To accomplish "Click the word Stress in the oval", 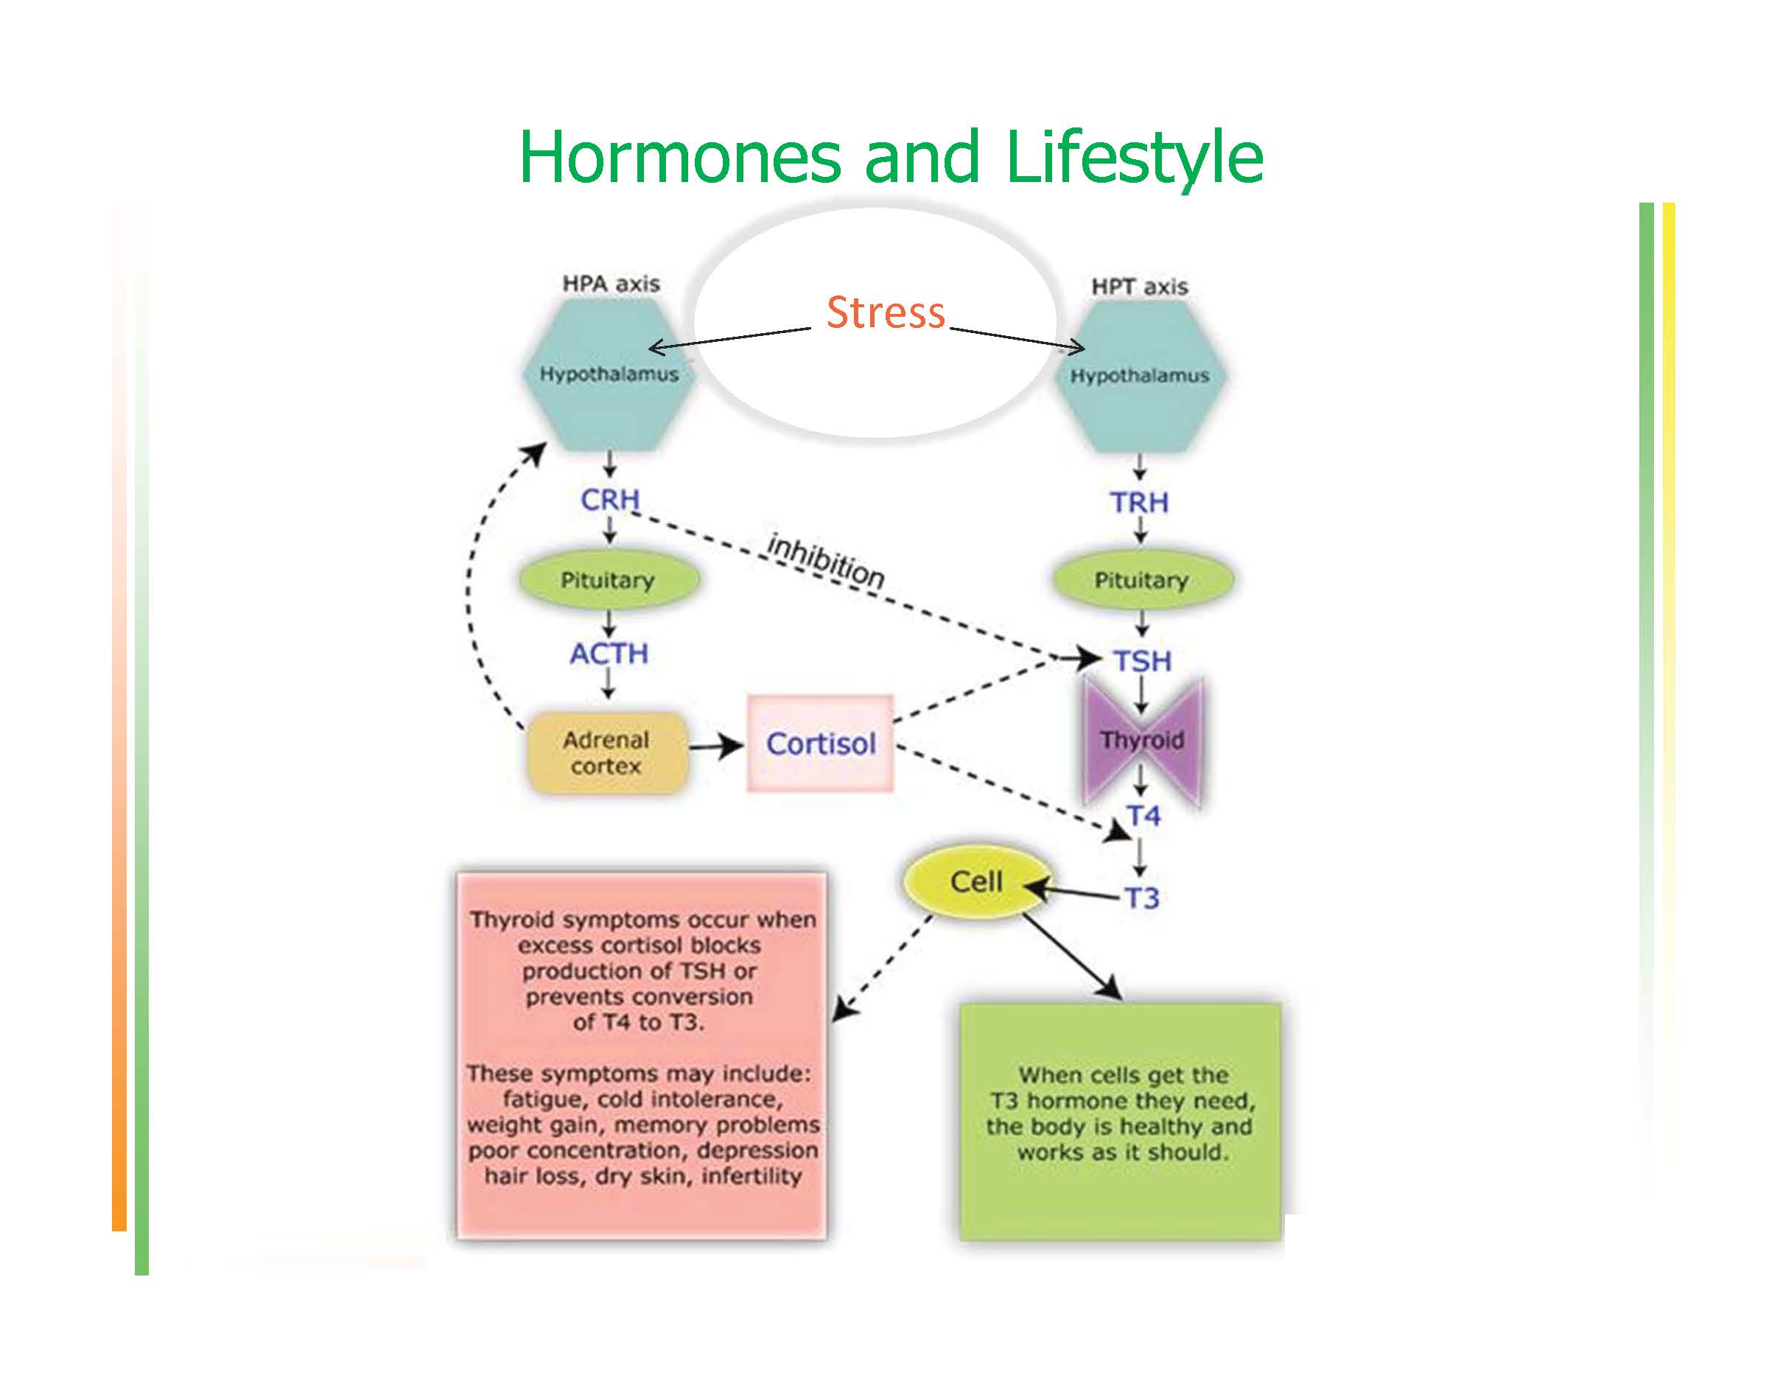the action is point(886,312).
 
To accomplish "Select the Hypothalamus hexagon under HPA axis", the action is point(609,374).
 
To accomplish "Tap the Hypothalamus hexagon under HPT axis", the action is point(1140,376).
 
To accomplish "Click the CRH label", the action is point(610,499).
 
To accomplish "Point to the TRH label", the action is point(1140,502).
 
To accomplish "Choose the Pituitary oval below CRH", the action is point(609,581).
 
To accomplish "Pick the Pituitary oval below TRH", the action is point(1142,581).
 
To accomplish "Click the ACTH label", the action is point(609,653).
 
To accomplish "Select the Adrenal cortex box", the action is point(606,752).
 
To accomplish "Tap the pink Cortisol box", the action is point(821,743).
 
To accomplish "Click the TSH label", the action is point(1143,660).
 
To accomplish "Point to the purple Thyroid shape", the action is point(1142,741).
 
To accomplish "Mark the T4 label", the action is point(1143,816).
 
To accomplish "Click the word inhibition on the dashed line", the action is point(825,561).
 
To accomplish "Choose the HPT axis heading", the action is point(1140,287).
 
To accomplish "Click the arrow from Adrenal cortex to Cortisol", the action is point(715,745).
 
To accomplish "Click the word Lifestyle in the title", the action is point(1135,157).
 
